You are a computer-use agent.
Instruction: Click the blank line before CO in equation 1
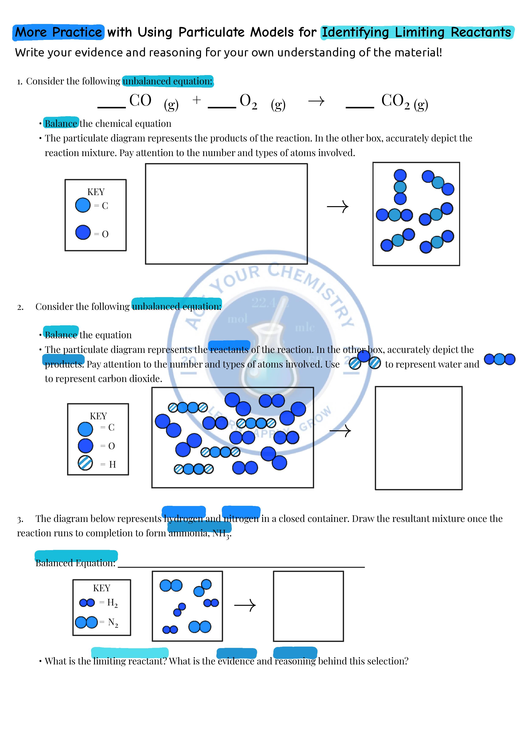[111, 106]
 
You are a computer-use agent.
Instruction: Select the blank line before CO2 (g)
[360, 106]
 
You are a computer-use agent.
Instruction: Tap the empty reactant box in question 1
[226, 214]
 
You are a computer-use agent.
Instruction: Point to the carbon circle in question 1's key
[83, 205]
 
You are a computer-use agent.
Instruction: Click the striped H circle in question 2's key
[85, 463]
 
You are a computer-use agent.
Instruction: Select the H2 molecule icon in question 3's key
[87, 602]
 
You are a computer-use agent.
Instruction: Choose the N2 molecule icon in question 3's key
[86, 622]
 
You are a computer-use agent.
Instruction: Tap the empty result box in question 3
[308, 606]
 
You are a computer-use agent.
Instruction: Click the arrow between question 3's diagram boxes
[245, 605]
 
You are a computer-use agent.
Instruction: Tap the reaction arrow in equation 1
[316, 101]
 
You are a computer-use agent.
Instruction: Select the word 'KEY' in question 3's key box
[102, 588]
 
